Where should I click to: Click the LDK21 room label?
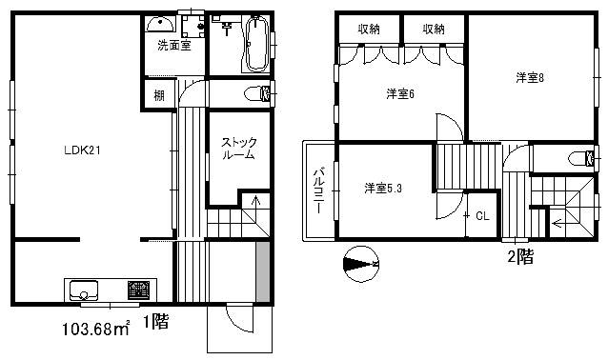82,150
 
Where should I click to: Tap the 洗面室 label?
174,46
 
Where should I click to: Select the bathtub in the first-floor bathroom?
257,43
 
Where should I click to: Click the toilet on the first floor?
257,93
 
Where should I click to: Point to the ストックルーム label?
239,149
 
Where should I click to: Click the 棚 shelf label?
159,95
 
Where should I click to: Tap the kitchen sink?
83,290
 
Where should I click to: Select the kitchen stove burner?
139,290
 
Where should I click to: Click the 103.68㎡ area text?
96,329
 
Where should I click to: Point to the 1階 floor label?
156,321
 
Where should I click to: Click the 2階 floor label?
520,256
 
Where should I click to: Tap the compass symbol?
361,264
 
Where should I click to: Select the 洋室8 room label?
530,78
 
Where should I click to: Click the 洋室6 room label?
400,93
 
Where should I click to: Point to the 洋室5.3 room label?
383,189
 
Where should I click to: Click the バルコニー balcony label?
318,190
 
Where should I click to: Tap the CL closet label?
482,216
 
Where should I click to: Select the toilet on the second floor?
581,158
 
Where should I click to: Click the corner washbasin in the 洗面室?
159,25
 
